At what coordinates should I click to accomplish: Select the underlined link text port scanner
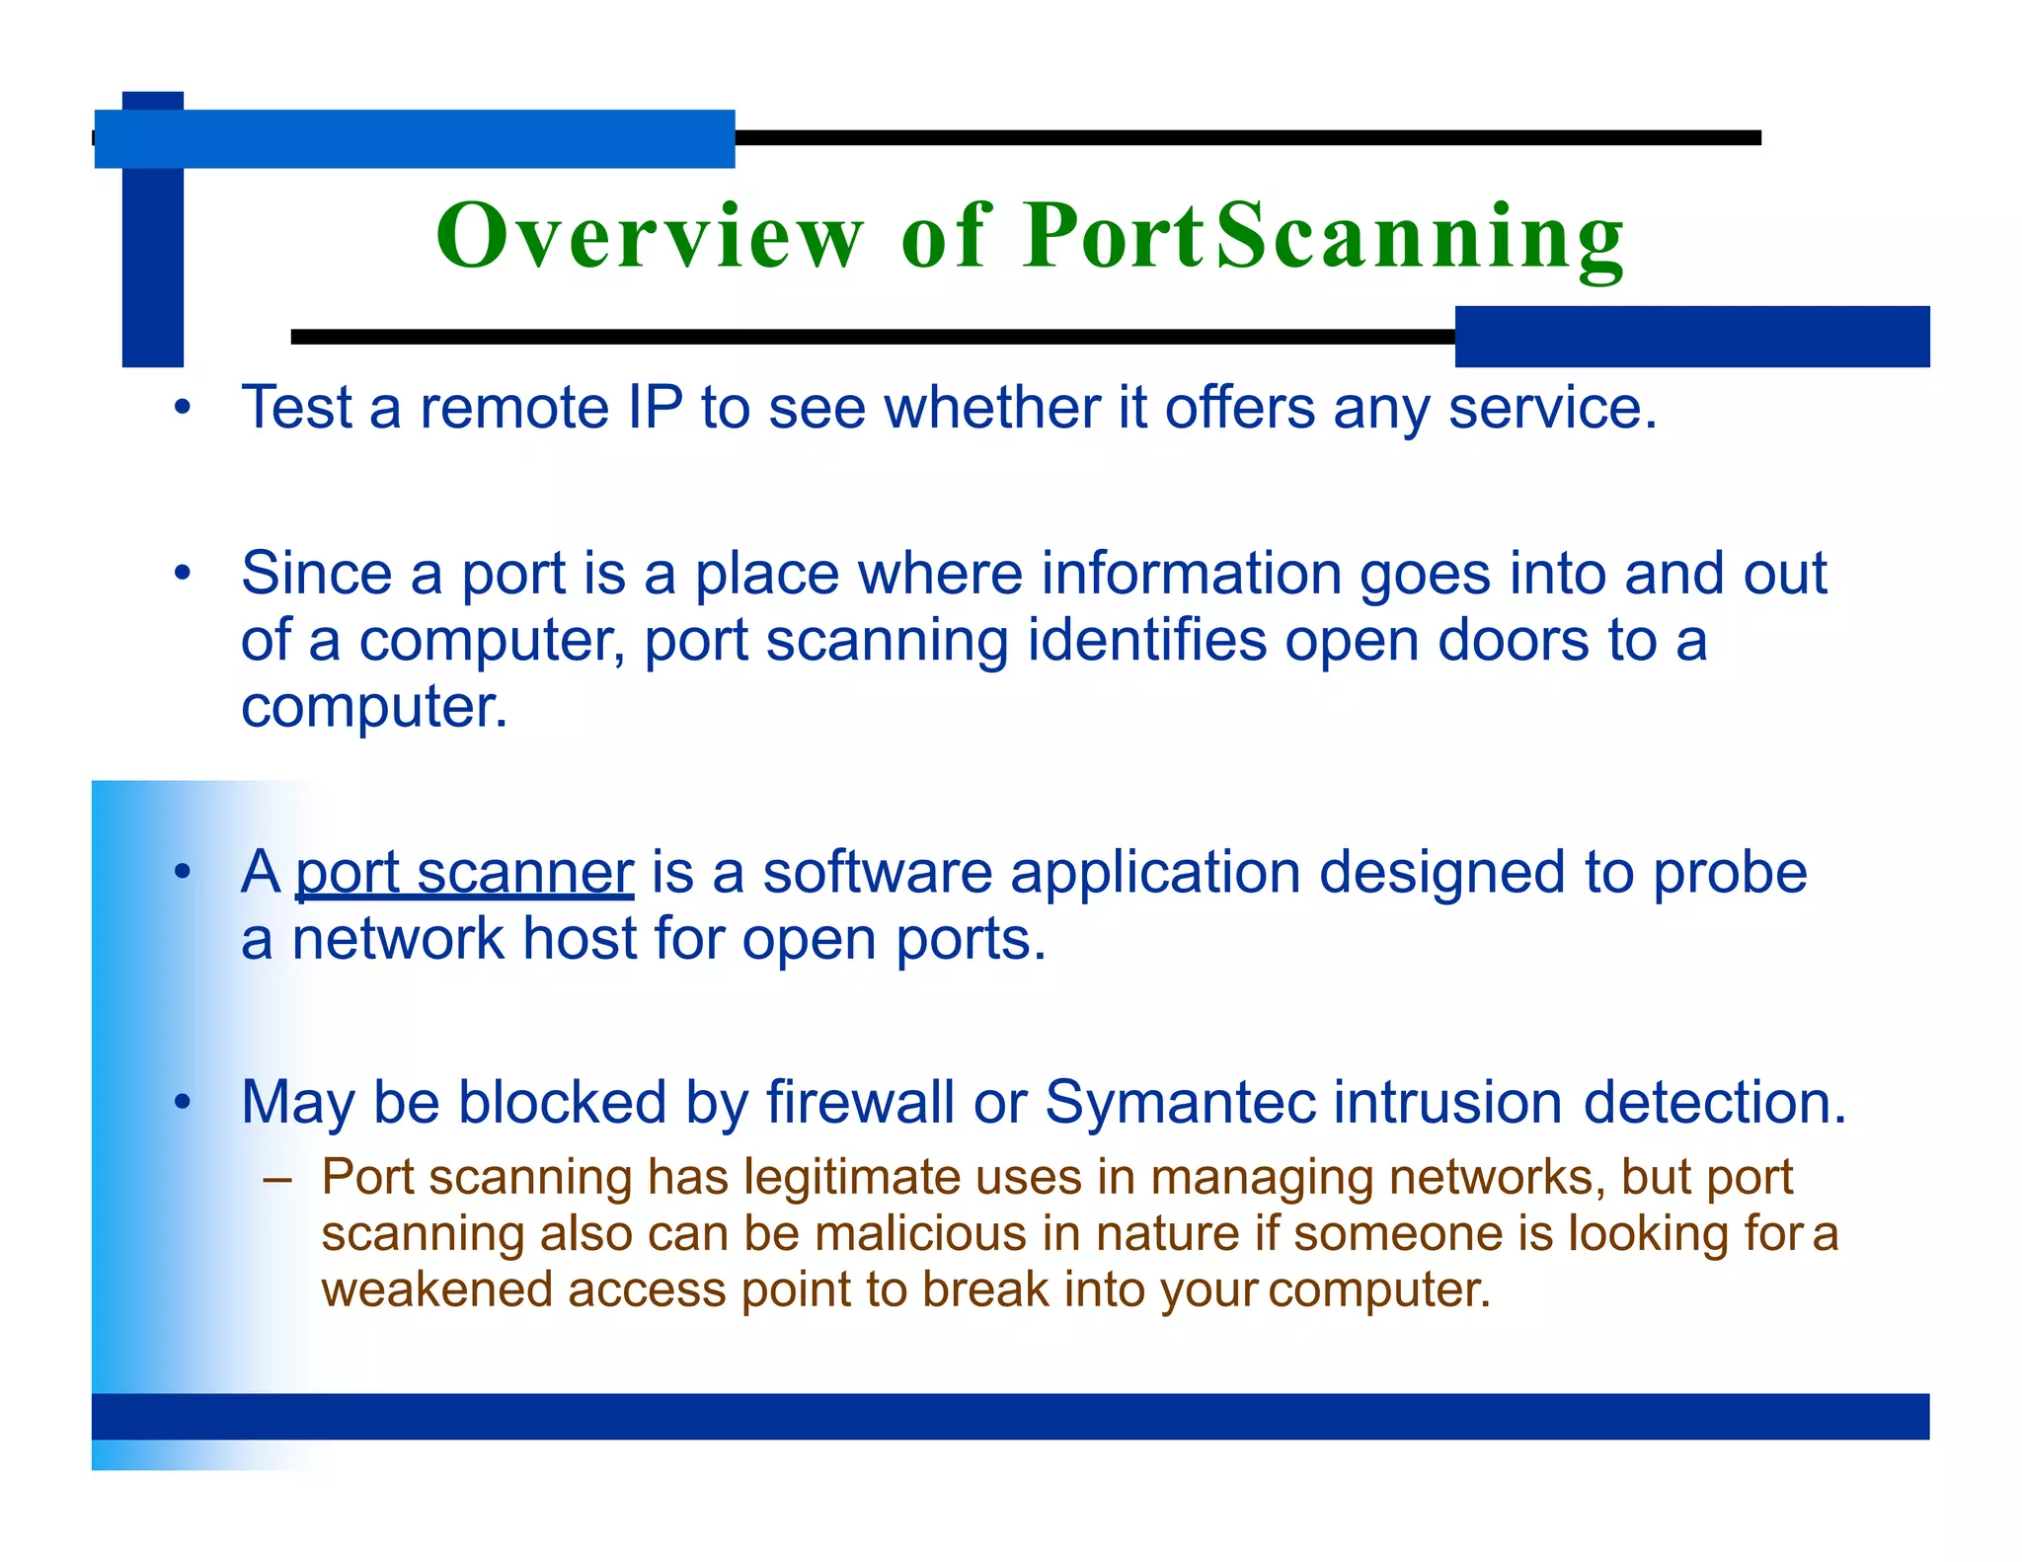(x=464, y=873)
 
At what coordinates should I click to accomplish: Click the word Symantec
(x=1180, y=1102)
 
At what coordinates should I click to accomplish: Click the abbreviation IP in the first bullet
(x=655, y=407)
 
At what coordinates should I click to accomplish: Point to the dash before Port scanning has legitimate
(x=278, y=1179)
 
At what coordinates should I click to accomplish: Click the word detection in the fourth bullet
(x=1715, y=1102)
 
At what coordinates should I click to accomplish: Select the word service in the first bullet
(x=1552, y=407)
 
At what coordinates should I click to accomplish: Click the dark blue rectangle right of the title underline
(x=1691, y=337)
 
